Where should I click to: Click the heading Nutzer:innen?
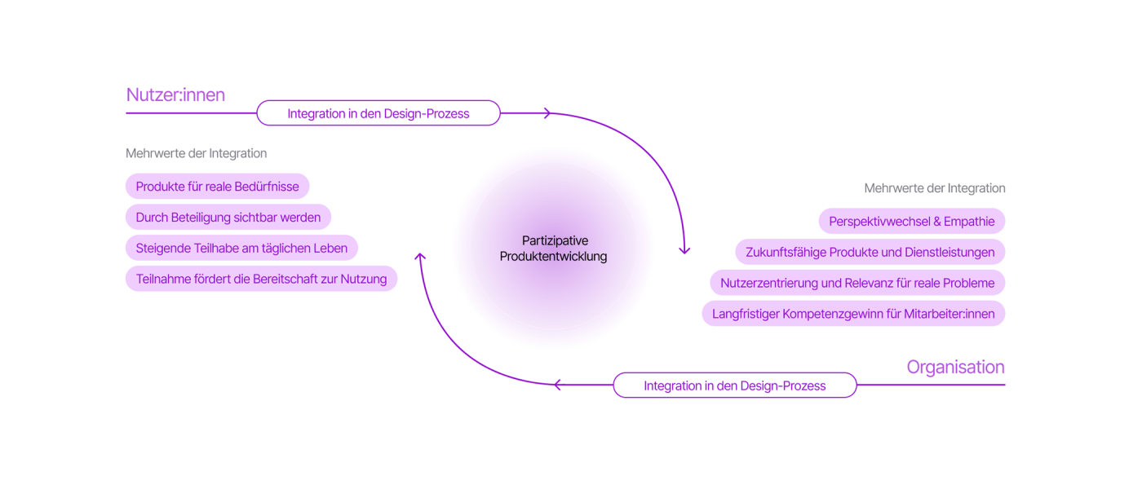(x=175, y=95)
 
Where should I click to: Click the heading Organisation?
(x=955, y=367)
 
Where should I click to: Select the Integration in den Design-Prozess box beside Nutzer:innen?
(x=378, y=113)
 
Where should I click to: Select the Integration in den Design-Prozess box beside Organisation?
(x=734, y=385)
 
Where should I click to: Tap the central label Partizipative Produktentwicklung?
(x=554, y=249)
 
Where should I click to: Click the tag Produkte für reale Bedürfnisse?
(x=217, y=187)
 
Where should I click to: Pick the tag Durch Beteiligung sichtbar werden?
(x=228, y=218)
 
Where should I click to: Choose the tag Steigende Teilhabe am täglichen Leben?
(x=241, y=249)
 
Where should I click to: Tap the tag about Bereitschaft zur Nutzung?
(x=261, y=279)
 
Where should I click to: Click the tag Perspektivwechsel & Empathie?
(x=911, y=222)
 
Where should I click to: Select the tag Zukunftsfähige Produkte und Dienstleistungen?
(x=870, y=253)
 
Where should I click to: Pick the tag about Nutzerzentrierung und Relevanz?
(x=856, y=284)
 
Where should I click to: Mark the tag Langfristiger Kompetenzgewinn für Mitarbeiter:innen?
(x=853, y=314)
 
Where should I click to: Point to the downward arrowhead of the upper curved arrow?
(x=684, y=250)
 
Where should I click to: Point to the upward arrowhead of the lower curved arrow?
(x=420, y=257)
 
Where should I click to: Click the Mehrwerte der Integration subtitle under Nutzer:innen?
(x=196, y=153)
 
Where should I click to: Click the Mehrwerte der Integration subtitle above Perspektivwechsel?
(x=934, y=188)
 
